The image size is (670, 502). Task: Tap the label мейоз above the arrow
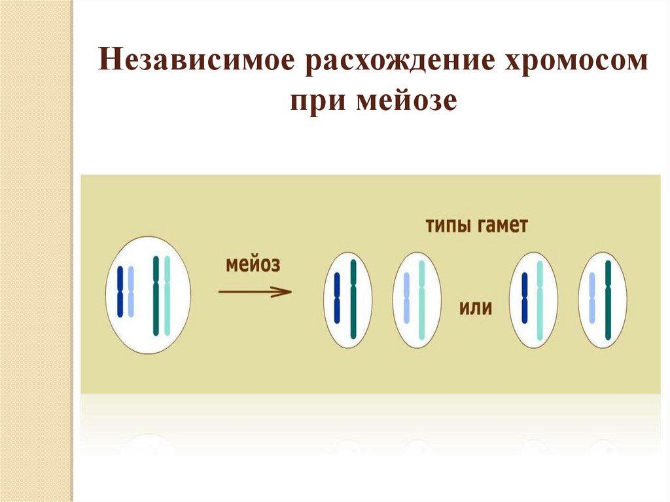[253, 265]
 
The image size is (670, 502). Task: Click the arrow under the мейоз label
[255, 292]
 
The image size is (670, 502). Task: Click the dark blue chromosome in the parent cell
[120, 291]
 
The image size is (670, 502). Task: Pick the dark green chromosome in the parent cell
[156, 295]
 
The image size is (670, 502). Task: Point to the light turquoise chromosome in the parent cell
[167, 295]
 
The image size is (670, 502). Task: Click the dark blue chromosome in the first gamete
[338, 298]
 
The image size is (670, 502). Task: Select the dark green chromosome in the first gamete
[353, 299]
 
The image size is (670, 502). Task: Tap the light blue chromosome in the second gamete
[406, 298]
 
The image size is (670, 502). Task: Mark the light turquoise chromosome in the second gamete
[421, 299]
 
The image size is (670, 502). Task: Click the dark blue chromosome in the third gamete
[525, 298]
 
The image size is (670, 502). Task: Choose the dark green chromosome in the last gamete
[608, 300]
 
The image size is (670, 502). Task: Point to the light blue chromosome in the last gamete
[593, 298]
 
